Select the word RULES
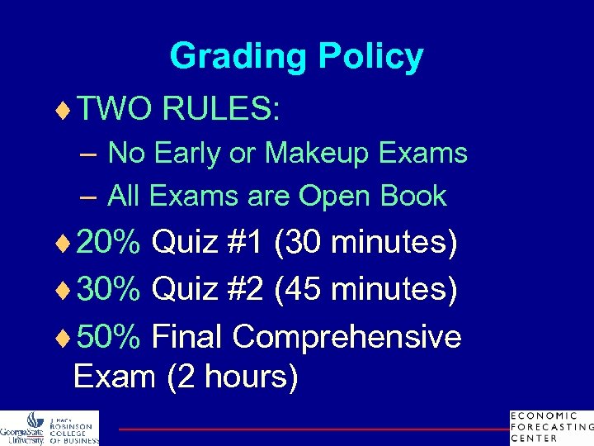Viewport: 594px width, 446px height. tap(221, 108)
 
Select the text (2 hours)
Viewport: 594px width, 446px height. tap(233, 377)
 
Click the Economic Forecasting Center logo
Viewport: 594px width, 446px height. tap(551, 426)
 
